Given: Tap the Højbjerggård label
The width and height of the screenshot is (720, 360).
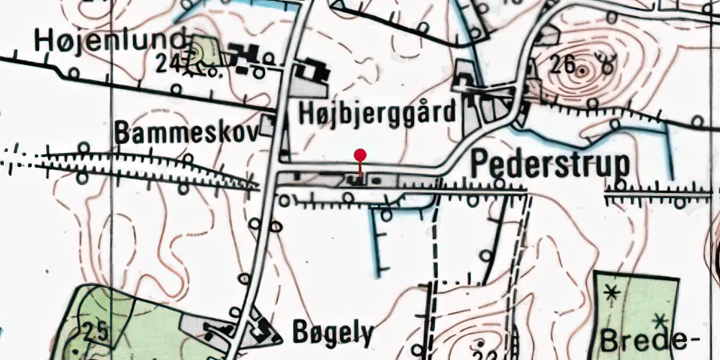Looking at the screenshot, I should tap(377, 112).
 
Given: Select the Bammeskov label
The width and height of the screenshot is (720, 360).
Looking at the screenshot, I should tap(186, 133).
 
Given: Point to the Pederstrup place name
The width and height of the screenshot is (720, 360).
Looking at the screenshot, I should tap(550, 165).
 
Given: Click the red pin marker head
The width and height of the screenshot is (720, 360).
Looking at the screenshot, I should tap(361, 154).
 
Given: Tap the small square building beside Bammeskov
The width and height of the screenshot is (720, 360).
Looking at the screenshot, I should tap(268, 126).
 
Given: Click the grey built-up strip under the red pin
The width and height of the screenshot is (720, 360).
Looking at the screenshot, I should tap(360, 180).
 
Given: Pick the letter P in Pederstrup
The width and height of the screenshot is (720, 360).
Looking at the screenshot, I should tap(480, 165).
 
